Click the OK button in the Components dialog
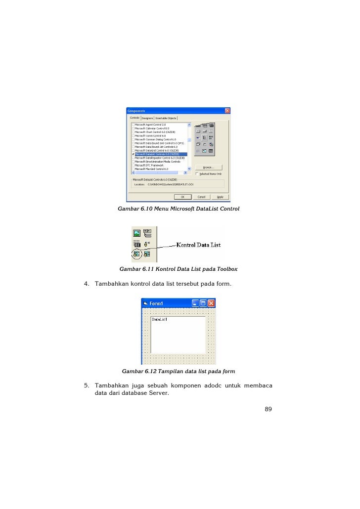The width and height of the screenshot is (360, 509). (182, 197)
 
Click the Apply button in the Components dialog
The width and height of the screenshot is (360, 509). (220, 197)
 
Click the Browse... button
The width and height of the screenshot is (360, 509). (209, 167)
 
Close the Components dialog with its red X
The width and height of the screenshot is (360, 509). (227, 110)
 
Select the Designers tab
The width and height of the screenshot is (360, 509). (147, 118)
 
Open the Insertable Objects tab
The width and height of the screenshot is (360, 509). (166, 118)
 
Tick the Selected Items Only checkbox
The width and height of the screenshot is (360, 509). (197, 173)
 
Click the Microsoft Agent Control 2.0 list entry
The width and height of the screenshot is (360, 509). (150, 125)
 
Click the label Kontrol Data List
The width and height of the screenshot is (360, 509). (198, 245)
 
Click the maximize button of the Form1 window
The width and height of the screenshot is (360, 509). (203, 303)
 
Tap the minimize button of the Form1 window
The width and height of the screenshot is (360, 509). (195, 303)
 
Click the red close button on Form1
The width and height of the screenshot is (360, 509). (211, 303)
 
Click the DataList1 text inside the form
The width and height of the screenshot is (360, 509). (160, 319)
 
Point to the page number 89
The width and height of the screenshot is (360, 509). (268, 409)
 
